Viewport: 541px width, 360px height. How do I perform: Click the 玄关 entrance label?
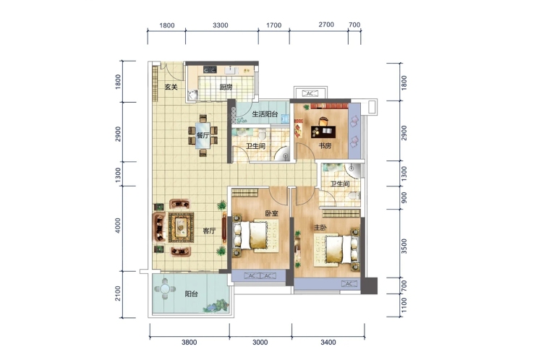(x=171, y=87)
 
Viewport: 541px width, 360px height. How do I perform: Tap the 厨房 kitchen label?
(x=226, y=87)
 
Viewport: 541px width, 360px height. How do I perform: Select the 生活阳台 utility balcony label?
(x=265, y=113)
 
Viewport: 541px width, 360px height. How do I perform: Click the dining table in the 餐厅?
(x=203, y=135)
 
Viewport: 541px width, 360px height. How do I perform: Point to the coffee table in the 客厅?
(x=181, y=227)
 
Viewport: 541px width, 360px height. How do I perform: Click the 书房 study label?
(x=325, y=146)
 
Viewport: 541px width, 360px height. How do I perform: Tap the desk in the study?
(x=323, y=131)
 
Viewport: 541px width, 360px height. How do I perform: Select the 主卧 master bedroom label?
(x=320, y=228)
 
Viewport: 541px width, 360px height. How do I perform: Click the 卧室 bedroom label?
(x=271, y=213)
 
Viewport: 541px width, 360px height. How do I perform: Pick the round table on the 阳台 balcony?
(x=165, y=288)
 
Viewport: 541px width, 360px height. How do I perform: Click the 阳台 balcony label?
(x=191, y=294)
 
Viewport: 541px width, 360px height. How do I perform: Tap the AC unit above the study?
(x=310, y=93)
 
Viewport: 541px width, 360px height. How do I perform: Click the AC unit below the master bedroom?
(x=349, y=284)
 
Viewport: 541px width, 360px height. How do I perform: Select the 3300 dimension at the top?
(x=221, y=25)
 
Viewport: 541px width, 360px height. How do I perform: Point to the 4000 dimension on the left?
(x=118, y=226)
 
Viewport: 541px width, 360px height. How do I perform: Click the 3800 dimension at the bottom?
(x=189, y=343)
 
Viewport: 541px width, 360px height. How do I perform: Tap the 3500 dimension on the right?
(x=404, y=246)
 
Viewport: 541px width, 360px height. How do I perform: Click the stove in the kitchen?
(x=210, y=70)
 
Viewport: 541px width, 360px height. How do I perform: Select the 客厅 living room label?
(x=209, y=231)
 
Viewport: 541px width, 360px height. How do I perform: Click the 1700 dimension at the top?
(x=274, y=25)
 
